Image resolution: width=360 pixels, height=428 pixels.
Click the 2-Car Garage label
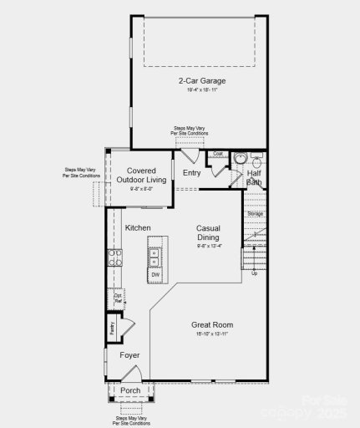202,81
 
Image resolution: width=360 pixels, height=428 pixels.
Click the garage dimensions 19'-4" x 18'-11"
202,89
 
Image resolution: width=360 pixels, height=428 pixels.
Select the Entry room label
191,173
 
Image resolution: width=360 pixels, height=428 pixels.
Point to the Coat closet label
218,154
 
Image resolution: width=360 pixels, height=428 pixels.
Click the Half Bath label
254,177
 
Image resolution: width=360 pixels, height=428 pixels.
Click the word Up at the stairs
254,273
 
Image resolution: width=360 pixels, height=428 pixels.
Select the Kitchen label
137,227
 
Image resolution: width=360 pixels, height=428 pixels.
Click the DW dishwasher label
155,274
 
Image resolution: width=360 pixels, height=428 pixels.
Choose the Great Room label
211,325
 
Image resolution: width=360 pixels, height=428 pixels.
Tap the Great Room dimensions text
211,334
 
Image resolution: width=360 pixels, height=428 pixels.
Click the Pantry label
110,328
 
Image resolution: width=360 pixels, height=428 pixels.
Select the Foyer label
129,355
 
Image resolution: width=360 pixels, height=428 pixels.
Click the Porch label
130,390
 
